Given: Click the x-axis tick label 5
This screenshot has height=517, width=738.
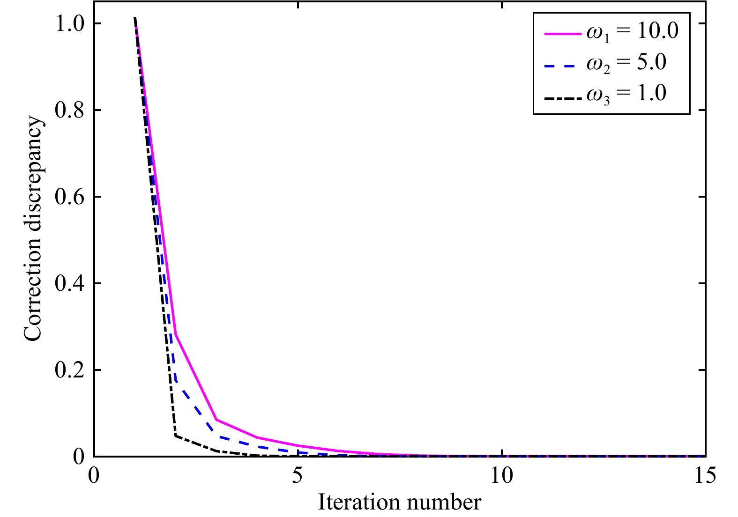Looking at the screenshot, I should tap(297, 476).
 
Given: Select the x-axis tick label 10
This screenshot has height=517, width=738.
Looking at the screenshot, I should tap(501, 476).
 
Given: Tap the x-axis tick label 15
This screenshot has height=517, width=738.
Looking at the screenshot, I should tap(705, 476).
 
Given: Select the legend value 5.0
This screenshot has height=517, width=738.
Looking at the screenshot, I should tap(651, 62).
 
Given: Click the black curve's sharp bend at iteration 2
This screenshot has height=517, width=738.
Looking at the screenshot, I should tap(175, 436).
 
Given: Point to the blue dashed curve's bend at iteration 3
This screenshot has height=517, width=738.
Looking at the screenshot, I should tap(216, 436).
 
